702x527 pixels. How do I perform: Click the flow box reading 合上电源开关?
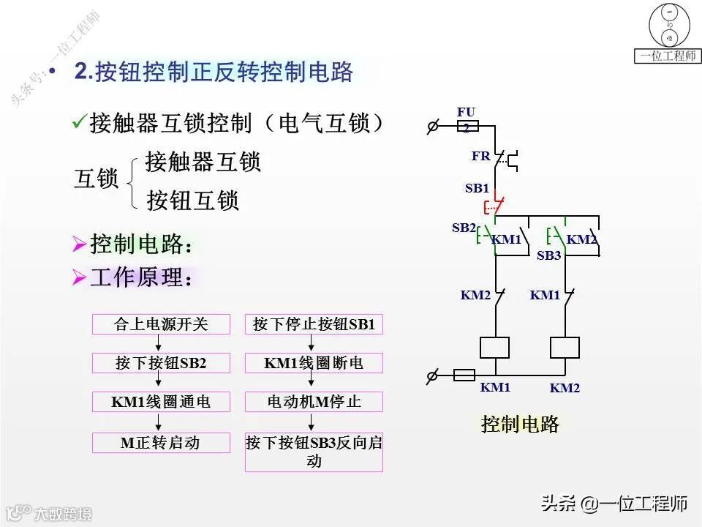click(161, 324)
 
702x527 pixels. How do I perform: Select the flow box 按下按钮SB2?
click(161, 363)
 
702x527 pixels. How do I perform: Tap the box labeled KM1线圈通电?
click(161, 402)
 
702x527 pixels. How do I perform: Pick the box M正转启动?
click(161, 443)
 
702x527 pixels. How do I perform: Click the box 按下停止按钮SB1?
click(314, 324)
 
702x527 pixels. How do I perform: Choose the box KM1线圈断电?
click(314, 363)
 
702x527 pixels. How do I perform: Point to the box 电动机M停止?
click(314, 402)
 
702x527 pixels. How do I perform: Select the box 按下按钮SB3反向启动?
click(314, 452)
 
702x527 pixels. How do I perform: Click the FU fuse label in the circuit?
click(467, 112)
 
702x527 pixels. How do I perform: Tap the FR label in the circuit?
click(480, 156)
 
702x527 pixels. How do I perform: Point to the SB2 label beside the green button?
click(464, 228)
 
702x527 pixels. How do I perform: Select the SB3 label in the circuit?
click(548, 255)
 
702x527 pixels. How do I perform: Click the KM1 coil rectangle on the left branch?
click(495, 348)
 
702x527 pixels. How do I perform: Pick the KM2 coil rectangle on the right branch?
click(565, 348)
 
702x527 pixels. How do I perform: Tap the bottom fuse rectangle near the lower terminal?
click(464, 375)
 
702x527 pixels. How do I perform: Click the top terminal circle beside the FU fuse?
click(432, 127)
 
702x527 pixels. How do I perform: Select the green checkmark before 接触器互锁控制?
click(79, 122)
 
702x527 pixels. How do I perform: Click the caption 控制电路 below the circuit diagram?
click(520, 424)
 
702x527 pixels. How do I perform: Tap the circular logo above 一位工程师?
click(668, 26)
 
